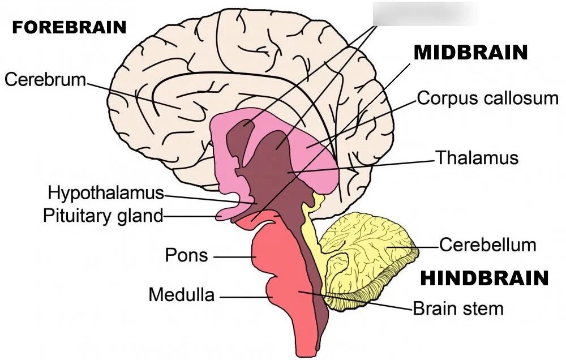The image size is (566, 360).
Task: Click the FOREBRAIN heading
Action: coord(69,28)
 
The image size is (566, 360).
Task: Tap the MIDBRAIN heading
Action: coord(471,53)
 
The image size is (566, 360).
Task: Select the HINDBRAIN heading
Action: coord(484,278)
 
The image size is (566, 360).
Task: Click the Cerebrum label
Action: coord(45,79)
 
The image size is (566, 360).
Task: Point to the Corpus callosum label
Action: coord(487,98)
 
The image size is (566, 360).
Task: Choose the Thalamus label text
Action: coord(477,157)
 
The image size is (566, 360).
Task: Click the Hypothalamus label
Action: coord(105,192)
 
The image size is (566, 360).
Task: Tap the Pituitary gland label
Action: coord(102,216)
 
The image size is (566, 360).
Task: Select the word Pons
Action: coord(186,255)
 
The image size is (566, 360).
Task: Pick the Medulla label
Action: coord(181,295)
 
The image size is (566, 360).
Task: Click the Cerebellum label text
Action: coord(487,245)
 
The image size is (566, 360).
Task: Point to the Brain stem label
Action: coord(458,309)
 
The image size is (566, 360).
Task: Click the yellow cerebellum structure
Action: coord(368,249)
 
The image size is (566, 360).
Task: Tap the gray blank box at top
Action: coord(424,12)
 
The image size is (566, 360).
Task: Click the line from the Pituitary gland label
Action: coord(190,216)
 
